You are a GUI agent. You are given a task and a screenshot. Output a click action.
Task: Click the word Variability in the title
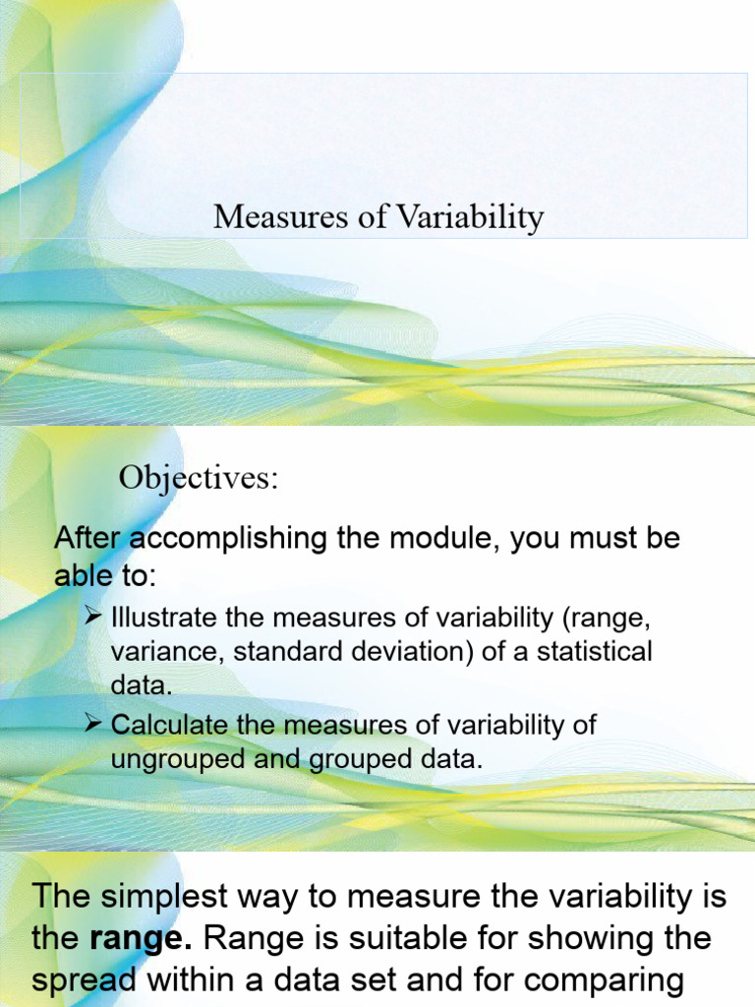coord(470,217)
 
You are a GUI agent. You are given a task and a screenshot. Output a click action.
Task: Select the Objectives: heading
coord(200,479)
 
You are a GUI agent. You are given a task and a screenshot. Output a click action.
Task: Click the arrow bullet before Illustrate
coord(94,617)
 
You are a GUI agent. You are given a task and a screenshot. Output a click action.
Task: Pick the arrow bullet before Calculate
coord(94,725)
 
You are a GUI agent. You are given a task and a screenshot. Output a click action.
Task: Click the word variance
coord(154,652)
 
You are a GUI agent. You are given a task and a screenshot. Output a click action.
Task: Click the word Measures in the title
coord(277,217)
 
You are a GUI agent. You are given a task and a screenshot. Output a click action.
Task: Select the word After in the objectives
coord(87,539)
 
